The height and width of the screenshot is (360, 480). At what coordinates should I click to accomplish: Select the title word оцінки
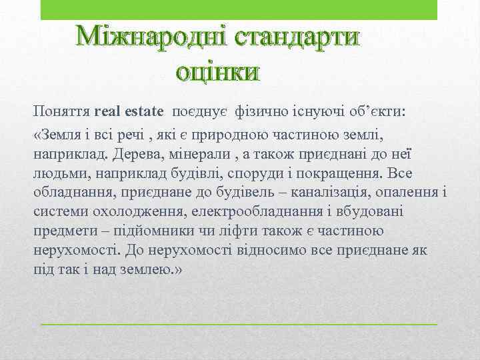pyautogui.click(x=216, y=70)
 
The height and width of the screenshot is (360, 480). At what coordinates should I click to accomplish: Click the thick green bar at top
pyautogui.click(x=239, y=9)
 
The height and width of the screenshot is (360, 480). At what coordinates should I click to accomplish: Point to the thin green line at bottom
pyautogui.click(x=239, y=324)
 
